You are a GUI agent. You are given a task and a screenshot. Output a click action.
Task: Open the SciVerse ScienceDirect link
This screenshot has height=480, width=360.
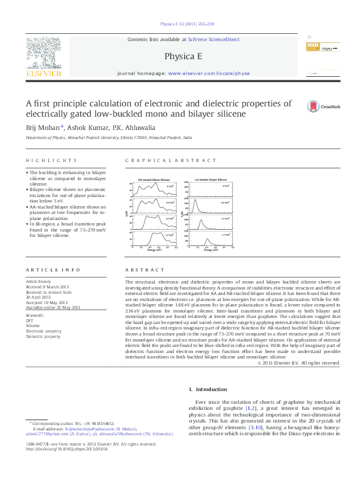[214, 39]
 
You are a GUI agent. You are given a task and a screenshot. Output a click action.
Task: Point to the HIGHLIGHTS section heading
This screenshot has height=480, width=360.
[51, 161]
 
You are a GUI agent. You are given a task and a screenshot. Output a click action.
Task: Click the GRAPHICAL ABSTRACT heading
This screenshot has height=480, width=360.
[170, 161]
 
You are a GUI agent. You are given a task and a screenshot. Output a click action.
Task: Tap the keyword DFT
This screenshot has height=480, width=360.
[30, 320]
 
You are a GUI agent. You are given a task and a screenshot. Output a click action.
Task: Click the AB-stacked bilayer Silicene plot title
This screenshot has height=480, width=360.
[154, 180]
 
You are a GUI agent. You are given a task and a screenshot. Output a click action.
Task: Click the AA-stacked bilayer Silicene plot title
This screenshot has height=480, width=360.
[211, 180]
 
